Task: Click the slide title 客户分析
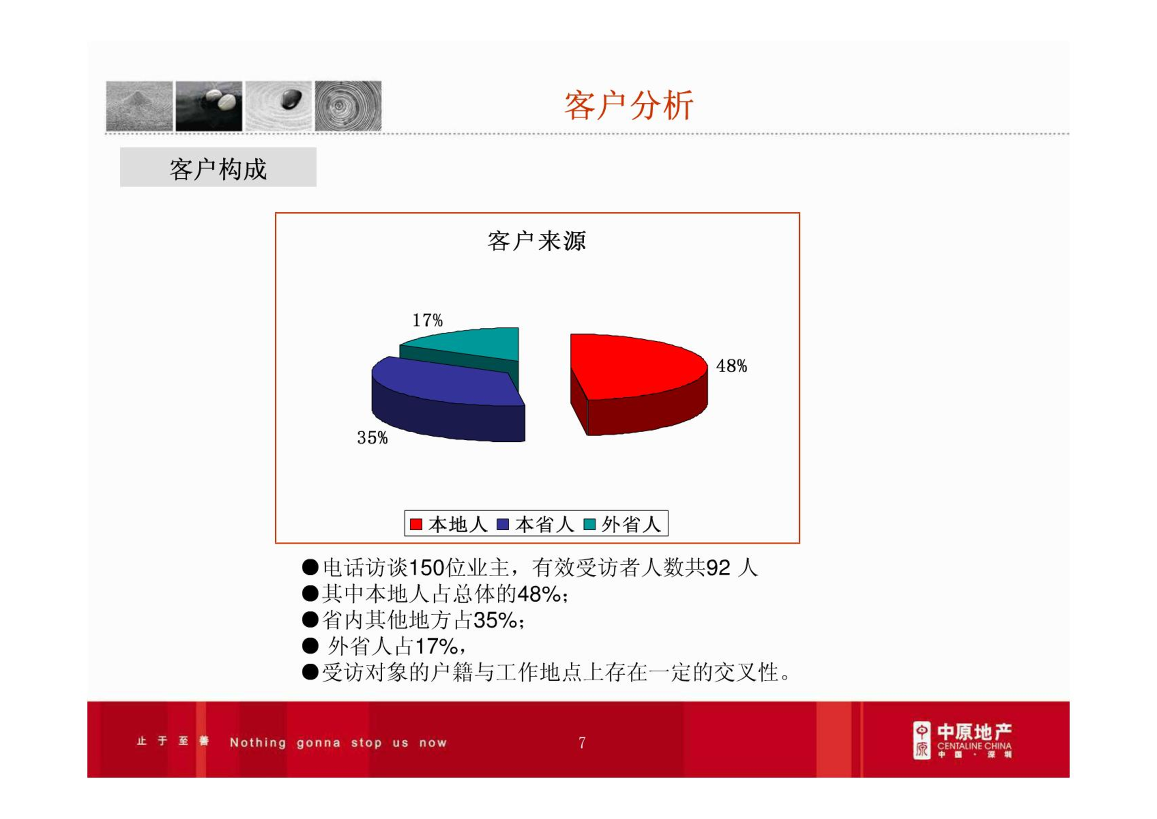point(628,106)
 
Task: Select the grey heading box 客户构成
point(218,167)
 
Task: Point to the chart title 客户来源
point(536,241)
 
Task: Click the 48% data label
point(731,366)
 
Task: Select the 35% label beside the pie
point(372,438)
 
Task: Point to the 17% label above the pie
point(427,320)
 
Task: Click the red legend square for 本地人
point(416,524)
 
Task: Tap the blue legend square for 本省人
point(502,524)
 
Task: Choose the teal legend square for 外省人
point(589,524)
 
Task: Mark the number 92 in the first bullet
point(718,568)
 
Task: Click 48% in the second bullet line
point(539,594)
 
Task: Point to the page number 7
point(582,742)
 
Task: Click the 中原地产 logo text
point(974,732)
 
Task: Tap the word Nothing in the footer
point(258,742)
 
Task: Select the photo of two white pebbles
point(209,106)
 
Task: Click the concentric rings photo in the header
point(348,106)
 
